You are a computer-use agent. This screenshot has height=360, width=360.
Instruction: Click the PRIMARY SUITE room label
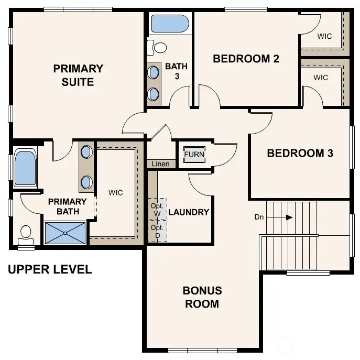(x=78, y=75)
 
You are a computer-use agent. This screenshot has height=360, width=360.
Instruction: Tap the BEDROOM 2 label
(x=245, y=59)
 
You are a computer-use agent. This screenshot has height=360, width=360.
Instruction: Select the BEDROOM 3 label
(x=300, y=154)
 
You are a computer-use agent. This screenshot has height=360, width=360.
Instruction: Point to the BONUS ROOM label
(x=202, y=297)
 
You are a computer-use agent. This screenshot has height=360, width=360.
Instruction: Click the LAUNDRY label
(x=189, y=212)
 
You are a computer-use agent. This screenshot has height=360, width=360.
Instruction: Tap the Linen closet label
(x=160, y=164)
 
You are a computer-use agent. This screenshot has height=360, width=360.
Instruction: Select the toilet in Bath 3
(x=157, y=48)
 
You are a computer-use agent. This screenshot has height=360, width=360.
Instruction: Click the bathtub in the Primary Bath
(x=25, y=168)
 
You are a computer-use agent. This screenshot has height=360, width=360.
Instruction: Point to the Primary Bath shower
(x=64, y=233)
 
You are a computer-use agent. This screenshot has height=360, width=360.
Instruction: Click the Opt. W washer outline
(x=157, y=209)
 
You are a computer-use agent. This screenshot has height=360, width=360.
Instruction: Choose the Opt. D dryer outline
(x=157, y=231)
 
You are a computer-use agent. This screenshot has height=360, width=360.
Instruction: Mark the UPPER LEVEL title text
(x=50, y=270)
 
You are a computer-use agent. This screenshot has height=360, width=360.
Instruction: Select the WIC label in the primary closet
(x=116, y=193)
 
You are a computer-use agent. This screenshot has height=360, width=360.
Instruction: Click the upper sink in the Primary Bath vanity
(x=86, y=152)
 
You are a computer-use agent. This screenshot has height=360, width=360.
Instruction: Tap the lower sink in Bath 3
(x=154, y=94)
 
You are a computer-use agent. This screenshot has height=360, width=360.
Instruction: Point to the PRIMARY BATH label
(x=68, y=206)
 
